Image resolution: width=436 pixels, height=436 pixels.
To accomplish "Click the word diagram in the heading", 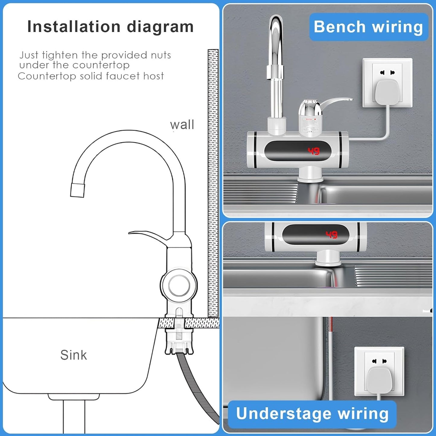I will [x=160, y=27].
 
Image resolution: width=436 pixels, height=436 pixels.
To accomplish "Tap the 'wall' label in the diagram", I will [x=182, y=125].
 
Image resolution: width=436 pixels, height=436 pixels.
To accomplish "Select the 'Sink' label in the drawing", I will [x=73, y=355].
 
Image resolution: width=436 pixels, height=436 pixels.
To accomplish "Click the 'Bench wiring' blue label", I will [x=368, y=27].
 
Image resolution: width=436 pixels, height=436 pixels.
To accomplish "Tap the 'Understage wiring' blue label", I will [x=312, y=413].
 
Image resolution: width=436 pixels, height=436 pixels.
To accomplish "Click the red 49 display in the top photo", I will [x=313, y=151].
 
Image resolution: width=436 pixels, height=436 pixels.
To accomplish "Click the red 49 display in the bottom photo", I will [x=331, y=234].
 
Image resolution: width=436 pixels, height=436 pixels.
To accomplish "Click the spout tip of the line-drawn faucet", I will [x=77, y=190].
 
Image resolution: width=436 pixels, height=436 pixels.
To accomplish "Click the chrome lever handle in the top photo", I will [x=335, y=103].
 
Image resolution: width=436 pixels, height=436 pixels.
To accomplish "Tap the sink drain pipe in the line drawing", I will [x=74, y=416].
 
